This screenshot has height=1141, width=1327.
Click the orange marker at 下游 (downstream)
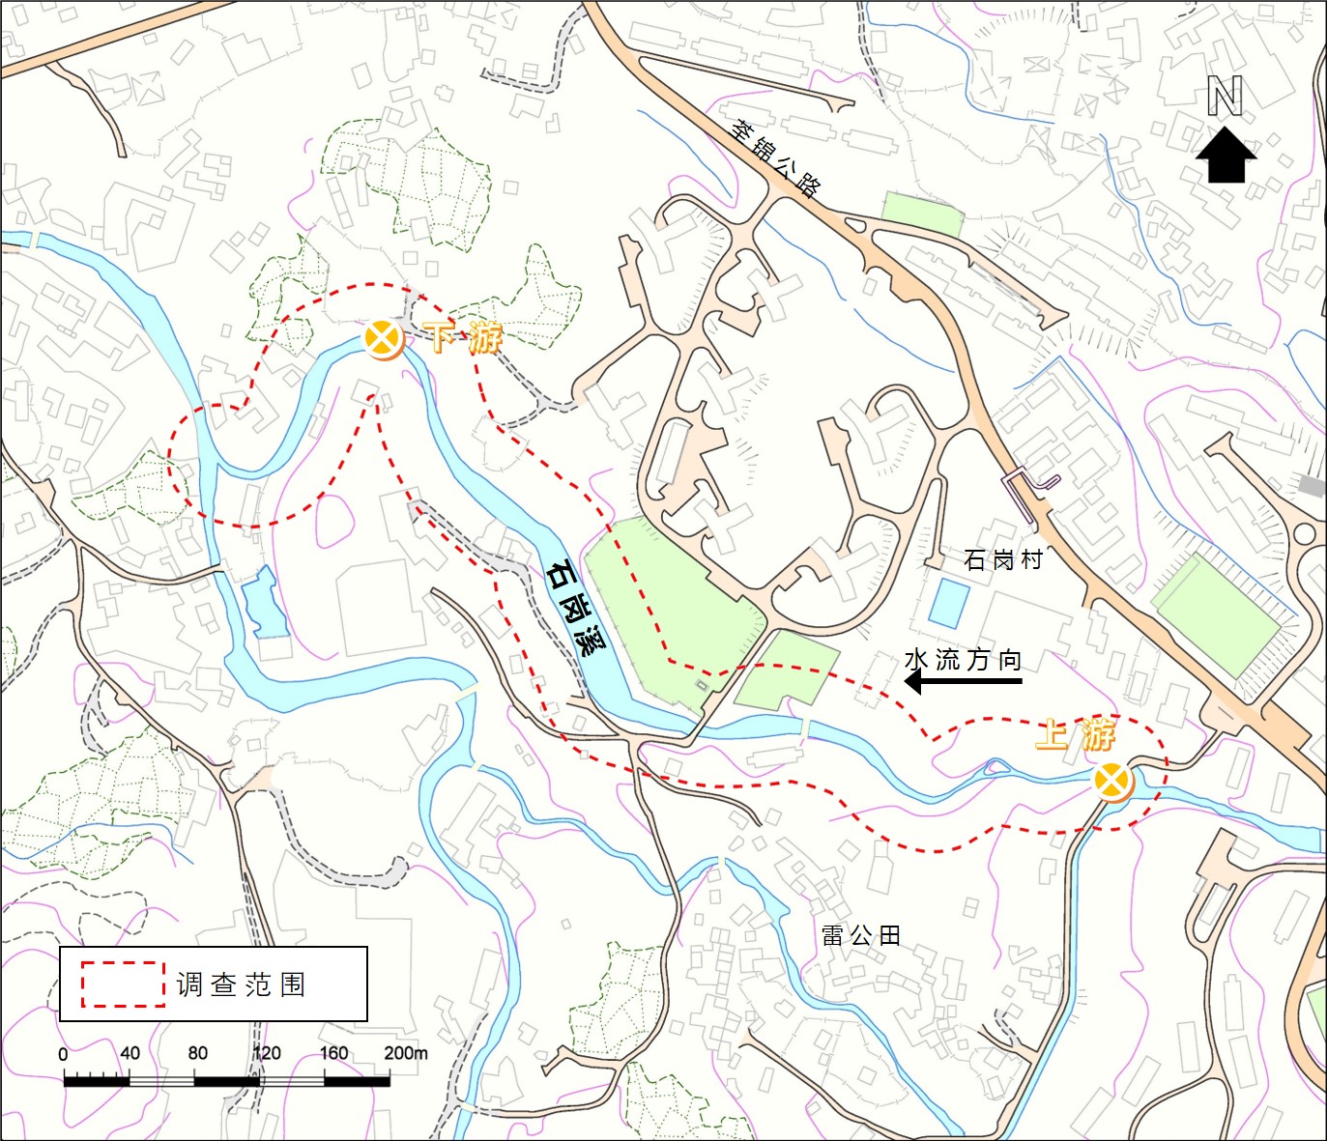click(384, 339)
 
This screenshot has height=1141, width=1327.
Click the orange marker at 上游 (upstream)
click(1112, 781)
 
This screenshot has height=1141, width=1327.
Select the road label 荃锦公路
click(775, 157)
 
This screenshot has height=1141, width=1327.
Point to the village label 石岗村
click(1003, 559)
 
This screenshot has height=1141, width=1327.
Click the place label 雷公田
click(861, 934)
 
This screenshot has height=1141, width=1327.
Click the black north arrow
click(1226, 157)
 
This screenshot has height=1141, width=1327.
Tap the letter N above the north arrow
click(1225, 97)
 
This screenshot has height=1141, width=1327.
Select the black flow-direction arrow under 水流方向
click(963, 682)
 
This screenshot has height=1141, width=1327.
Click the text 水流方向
click(963, 659)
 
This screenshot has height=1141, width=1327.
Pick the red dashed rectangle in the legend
click(123, 984)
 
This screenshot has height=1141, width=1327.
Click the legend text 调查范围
click(242, 984)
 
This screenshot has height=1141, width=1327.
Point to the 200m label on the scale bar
click(405, 1052)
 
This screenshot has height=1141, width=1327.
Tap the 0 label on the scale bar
click(64, 1054)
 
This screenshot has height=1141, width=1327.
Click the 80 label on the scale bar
click(197, 1052)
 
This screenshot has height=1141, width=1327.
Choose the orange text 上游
click(1075, 734)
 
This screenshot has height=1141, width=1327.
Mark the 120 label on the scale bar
click(266, 1052)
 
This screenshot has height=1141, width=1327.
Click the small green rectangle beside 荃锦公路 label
click(923, 214)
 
